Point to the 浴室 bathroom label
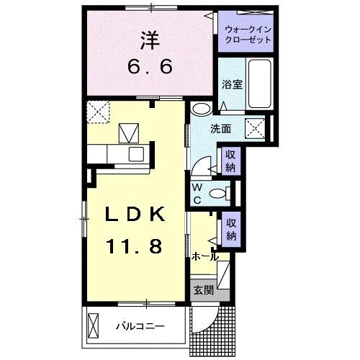pos(232,84)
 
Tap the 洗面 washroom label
pos(221,130)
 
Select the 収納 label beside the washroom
pos(230,160)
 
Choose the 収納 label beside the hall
pos(230,229)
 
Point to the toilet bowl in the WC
pos(220,192)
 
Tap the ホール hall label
pos(205,256)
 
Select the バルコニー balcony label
pos(140,326)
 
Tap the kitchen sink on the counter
pos(136,153)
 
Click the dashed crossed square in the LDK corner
pos(96,110)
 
